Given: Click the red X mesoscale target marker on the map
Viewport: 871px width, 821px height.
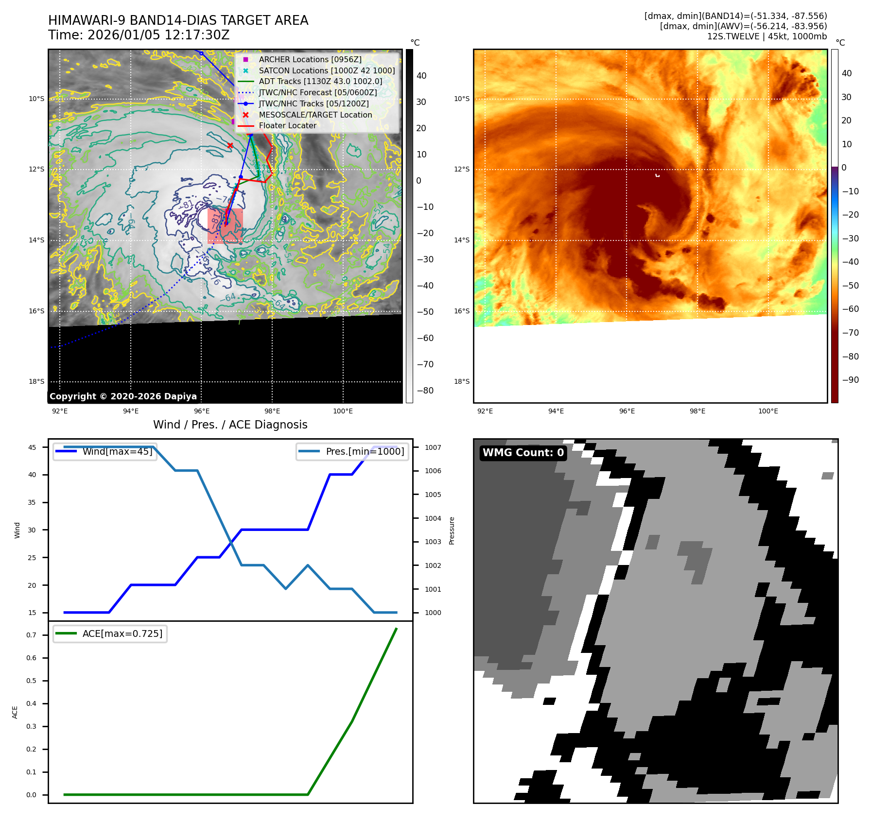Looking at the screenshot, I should [x=230, y=145].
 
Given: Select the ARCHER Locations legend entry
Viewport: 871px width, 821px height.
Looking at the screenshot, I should [x=310, y=59].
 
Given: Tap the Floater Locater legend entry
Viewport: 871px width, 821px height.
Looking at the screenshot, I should [x=287, y=125].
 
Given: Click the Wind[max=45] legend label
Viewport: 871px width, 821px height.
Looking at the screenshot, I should [x=117, y=451].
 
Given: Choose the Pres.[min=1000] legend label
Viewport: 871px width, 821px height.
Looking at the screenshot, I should [x=365, y=451].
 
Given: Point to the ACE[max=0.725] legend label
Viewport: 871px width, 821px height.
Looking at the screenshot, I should [x=122, y=633].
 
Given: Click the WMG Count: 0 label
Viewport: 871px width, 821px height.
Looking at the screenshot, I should [x=523, y=453].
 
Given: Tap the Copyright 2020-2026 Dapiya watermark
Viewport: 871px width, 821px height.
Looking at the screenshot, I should [x=123, y=396].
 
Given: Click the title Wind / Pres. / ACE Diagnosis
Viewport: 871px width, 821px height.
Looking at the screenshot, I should [x=230, y=425].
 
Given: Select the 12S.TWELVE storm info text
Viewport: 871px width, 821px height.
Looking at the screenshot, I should [x=766, y=36].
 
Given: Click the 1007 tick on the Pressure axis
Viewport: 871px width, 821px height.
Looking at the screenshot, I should [x=433, y=447].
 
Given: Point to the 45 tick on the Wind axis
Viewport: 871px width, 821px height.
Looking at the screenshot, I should [x=32, y=447].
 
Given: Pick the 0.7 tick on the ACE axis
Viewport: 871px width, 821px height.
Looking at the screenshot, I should [x=31, y=635].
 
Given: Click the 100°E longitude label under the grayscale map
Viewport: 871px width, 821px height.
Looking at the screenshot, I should [x=343, y=411].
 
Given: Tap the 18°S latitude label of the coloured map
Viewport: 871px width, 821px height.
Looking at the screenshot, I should [x=462, y=381].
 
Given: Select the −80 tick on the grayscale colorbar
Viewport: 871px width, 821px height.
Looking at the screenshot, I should [x=425, y=391].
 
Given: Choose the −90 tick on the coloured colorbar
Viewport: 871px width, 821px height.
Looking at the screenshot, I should [x=850, y=380].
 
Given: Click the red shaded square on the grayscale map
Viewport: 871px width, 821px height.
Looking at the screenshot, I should [x=225, y=226].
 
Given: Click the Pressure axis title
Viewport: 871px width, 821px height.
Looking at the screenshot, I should [x=452, y=530].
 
